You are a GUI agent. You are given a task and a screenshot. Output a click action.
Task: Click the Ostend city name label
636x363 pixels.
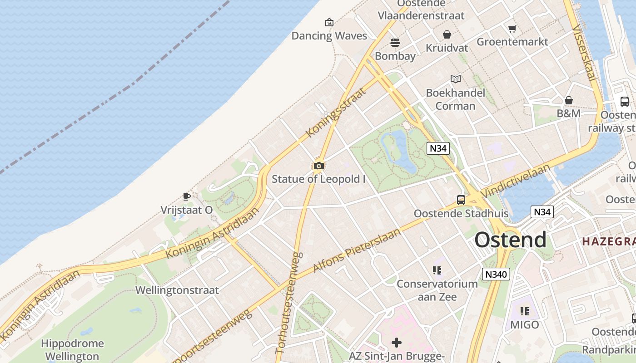[x=510, y=240]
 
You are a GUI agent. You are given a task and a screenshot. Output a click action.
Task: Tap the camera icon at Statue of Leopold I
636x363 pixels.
[x=318, y=166]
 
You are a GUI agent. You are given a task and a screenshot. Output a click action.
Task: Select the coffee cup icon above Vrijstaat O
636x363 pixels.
[x=186, y=196]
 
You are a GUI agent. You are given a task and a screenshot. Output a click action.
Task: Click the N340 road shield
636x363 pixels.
[x=496, y=274]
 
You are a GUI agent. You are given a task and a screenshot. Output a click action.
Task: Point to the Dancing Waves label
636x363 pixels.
[x=329, y=36]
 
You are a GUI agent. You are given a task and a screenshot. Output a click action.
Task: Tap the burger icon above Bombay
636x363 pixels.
[x=395, y=43]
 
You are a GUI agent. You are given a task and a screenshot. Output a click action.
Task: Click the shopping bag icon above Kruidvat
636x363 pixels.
[x=447, y=34]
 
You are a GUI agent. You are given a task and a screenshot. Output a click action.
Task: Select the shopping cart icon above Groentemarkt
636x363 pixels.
[x=512, y=29]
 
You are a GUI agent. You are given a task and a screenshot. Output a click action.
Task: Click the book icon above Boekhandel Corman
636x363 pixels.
[x=455, y=79]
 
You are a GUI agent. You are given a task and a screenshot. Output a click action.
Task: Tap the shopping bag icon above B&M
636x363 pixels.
[x=568, y=100]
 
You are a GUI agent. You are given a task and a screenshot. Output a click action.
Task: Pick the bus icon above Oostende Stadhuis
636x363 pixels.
[x=461, y=200]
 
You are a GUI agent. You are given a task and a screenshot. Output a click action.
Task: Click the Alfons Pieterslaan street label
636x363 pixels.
[x=357, y=250]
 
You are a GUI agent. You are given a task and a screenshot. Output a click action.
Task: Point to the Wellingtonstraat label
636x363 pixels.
[x=177, y=290]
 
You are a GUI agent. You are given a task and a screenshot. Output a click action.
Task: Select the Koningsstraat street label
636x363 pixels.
[x=336, y=113]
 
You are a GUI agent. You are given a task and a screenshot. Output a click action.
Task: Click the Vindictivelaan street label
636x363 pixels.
[x=515, y=181]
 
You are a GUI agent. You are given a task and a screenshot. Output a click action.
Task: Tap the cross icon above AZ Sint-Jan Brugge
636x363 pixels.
[x=396, y=343]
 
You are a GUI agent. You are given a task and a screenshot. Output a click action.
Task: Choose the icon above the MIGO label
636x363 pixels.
[x=525, y=311]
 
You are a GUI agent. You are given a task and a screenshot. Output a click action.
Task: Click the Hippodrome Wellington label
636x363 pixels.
[x=72, y=350]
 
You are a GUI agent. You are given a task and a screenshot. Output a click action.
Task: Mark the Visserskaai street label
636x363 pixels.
[x=584, y=52]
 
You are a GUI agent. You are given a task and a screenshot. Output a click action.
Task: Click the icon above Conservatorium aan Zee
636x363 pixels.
[x=437, y=271]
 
